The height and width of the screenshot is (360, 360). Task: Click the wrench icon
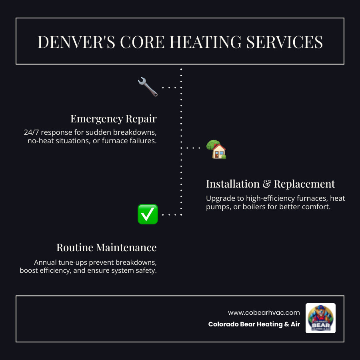click(x=148, y=87)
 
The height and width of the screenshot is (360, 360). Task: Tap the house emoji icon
click(x=216, y=150)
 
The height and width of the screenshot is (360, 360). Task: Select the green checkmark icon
click(x=148, y=214)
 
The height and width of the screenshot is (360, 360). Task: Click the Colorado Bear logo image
click(x=320, y=318)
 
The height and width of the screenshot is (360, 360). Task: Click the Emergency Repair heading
click(x=113, y=119)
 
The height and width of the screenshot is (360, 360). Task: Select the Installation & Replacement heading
click(x=270, y=184)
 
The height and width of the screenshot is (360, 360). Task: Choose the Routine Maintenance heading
click(x=106, y=247)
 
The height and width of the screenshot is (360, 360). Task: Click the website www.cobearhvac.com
click(x=264, y=312)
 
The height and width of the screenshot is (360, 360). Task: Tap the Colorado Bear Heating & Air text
click(x=254, y=324)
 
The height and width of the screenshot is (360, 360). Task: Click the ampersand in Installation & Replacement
click(x=267, y=184)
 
